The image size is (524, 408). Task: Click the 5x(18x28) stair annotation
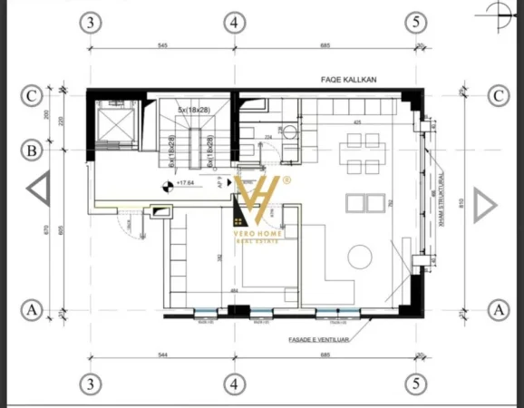(192, 110)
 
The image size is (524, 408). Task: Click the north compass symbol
(498, 12)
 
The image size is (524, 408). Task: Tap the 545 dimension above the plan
(163, 44)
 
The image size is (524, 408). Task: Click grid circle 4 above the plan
(234, 22)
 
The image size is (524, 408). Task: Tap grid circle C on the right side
(496, 94)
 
